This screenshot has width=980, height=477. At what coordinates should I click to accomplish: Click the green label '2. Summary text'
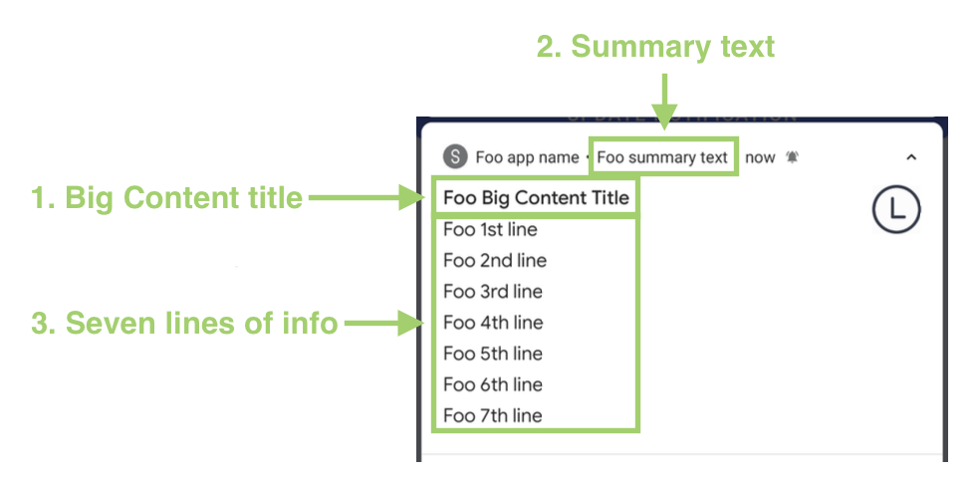click(x=655, y=47)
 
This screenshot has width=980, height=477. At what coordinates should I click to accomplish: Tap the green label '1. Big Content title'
click(x=167, y=198)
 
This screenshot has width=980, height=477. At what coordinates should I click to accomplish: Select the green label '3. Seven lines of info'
click(x=185, y=324)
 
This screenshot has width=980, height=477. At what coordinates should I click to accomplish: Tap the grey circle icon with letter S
click(x=455, y=157)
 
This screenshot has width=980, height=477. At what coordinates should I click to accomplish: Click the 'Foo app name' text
click(x=527, y=157)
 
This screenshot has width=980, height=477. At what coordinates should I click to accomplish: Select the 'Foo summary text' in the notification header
click(x=662, y=157)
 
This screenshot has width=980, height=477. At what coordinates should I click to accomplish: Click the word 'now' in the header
click(x=760, y=157)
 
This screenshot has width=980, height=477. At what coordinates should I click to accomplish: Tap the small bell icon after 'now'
click(x=792, y=157)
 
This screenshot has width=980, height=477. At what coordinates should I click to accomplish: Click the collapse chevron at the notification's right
click(x=911, y=157)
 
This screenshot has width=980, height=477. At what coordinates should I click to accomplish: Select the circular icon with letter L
click(x=896, y=209)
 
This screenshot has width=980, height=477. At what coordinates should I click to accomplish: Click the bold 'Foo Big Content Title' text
click(x=536, y=198)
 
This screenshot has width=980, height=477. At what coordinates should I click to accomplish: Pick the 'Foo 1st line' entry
click(x=490, y=230)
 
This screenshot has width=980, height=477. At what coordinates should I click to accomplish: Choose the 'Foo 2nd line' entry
click(x=495, y=261)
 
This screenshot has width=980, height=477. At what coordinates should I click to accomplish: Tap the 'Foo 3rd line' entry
click(x=494, y=292)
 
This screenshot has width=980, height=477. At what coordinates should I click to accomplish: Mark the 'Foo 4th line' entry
click(x=494, y=323)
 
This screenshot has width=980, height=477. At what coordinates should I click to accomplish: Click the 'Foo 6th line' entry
click(x=494, y=384)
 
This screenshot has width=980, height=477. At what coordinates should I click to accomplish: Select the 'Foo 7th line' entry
click(x=494, y=415)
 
